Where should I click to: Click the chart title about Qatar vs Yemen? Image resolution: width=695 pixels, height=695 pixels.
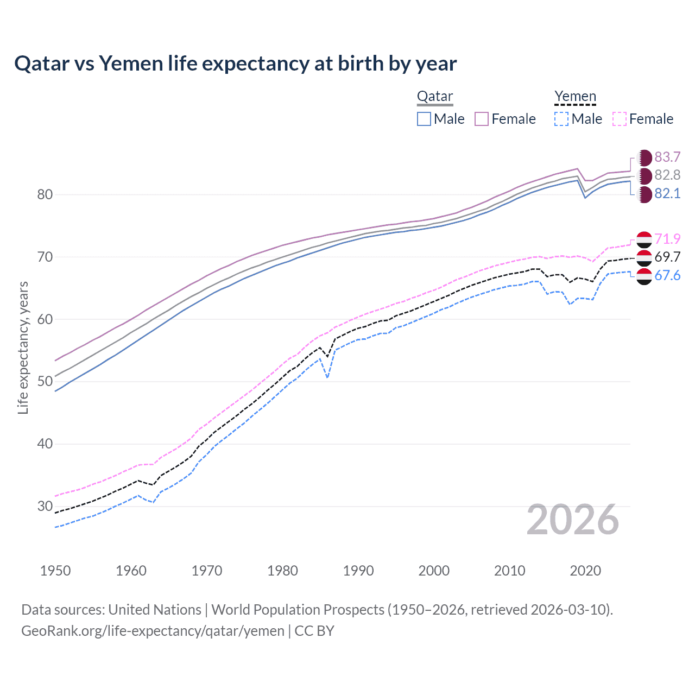coord(235,64)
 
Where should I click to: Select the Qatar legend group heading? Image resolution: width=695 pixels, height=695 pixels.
coord(434,96)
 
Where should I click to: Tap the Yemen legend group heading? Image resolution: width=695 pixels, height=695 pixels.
coord(575,96)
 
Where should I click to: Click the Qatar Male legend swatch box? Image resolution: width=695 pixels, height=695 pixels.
coord(424,119)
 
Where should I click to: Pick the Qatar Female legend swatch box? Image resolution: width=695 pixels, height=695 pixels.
coord(482,119)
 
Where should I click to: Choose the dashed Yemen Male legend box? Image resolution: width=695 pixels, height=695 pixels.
coord(561,119)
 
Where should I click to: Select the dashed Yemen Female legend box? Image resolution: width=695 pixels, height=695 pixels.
coord(620,119)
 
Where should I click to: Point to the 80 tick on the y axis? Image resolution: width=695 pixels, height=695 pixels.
coord(45,194)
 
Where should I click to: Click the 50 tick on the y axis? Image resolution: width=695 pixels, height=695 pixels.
coord(45,381)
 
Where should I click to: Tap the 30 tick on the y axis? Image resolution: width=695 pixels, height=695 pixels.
coord(45,506)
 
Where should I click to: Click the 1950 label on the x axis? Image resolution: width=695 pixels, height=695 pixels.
coord(55,571)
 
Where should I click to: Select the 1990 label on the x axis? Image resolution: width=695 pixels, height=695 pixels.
coord(358,571)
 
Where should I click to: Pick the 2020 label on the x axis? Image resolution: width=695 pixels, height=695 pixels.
coord(585,571)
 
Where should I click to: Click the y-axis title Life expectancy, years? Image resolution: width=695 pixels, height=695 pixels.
coord(23,347)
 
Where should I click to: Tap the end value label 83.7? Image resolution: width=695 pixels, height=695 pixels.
coord(667,157)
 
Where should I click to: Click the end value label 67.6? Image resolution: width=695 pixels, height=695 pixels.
coord(667,275)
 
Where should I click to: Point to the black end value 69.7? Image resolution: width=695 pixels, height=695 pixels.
coord(667,257)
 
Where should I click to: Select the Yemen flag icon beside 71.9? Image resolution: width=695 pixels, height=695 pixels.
coord(644,239)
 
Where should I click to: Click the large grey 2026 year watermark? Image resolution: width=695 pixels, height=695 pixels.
coord(572,520)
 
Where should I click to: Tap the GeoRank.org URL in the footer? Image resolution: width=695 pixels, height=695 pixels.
coord(153,631)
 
